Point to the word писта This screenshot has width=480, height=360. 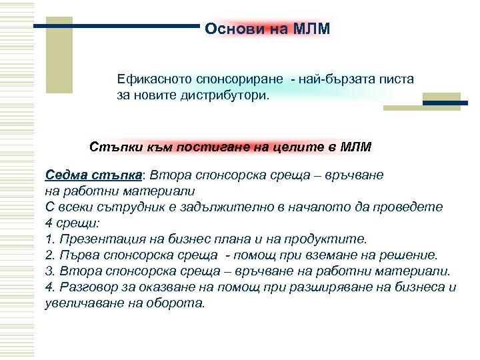point(397,79)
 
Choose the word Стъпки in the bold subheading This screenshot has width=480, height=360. point(110,146)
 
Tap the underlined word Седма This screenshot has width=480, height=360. point(65,175)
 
